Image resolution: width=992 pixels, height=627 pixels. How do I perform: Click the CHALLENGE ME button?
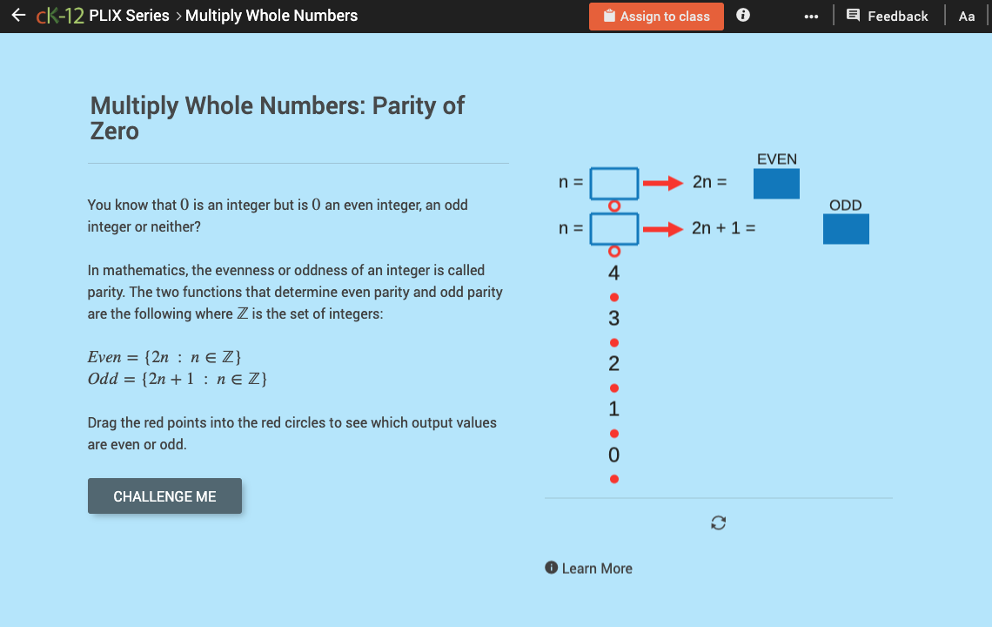pos(164,496)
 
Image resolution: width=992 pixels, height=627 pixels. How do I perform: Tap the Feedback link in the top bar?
pos(887,16)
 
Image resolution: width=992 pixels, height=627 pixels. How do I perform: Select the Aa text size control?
pos(966,16)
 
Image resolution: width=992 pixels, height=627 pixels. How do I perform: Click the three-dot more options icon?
pos(811,17)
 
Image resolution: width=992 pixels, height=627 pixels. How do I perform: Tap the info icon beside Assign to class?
pos(743,16)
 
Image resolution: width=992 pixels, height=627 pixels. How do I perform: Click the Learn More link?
pos(588,569)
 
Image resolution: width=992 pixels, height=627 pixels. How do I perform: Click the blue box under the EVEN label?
pos(776,183)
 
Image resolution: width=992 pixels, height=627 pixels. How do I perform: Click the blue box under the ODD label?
pos(846,228)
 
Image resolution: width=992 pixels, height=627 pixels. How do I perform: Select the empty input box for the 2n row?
pos(614,183)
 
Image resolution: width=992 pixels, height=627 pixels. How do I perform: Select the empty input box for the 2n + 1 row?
pos(614,228)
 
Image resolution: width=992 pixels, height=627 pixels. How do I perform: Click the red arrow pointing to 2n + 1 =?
pos(662,229)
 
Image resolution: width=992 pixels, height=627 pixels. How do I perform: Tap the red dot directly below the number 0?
pos(614,479)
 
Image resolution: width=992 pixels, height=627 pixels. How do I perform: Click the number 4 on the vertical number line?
pos(614,273)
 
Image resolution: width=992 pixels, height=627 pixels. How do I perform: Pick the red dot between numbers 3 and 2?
pos(614,342)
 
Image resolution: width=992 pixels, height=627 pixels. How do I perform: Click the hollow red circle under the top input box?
pos(614,206)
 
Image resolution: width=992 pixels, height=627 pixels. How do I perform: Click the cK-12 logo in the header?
pos(60,16)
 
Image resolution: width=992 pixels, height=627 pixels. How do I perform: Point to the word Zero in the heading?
pos(115,131)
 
